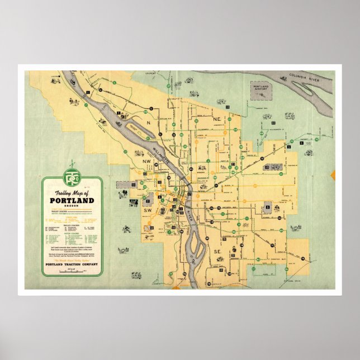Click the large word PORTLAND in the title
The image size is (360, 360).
72,200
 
